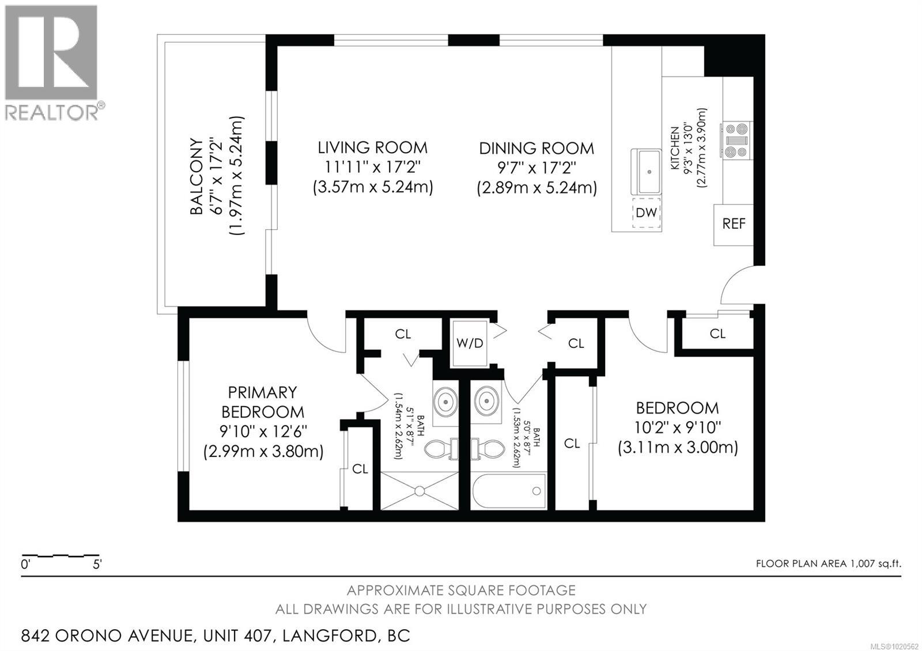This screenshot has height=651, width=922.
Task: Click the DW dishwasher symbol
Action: (x=646, y=213)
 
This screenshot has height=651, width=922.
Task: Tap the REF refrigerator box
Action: (x=734, y=224)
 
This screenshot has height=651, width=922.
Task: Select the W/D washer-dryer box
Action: (x=470, y=343)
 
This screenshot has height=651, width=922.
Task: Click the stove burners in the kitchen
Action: (x=736, y=140)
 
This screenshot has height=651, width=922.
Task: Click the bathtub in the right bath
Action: (x=509, y=491)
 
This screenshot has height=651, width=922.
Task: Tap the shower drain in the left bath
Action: (x=420, y=491)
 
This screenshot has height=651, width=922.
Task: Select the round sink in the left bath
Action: (x=445, y=399)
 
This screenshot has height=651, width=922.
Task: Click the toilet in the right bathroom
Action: (x=489, y=449)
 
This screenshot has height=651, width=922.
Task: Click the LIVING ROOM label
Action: (x=372, y=148)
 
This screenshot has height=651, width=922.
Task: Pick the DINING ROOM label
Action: (x=536, y=149)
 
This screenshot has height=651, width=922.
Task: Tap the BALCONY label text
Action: (x=197, y=176)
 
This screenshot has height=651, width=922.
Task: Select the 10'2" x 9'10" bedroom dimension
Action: (x=678, y=427)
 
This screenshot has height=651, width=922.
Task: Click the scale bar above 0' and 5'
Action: (x=61, y=557)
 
